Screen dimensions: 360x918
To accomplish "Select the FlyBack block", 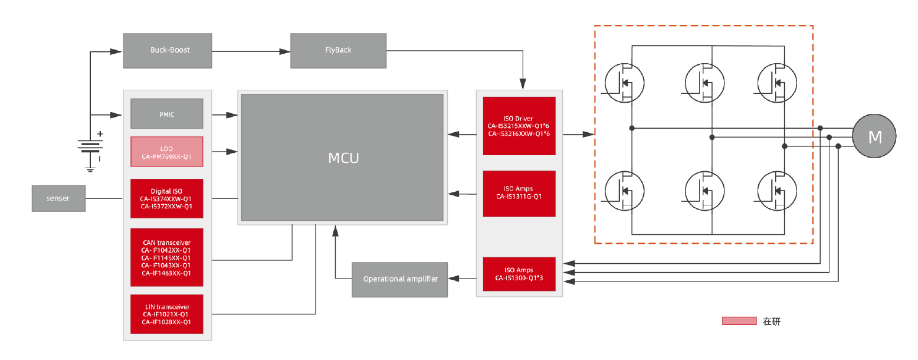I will coord(338,50).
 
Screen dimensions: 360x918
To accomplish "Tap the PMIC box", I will coord(166,114).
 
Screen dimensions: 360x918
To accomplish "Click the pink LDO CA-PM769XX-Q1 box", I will coord(166,152).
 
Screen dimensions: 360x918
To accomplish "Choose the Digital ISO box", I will coord(166,199).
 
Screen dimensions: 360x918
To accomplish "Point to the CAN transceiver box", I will coord(166,257).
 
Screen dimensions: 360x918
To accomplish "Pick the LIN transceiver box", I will coord(166,314).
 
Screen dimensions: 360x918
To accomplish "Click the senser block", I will coord(58,198).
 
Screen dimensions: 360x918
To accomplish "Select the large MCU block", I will coord(342,158).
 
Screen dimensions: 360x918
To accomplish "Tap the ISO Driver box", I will coord(519,126).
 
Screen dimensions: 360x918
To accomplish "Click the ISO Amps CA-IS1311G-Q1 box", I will coord(519,193).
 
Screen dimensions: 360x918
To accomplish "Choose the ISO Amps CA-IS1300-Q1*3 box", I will coord(519,274).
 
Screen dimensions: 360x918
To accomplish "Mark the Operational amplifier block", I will coord(400,279).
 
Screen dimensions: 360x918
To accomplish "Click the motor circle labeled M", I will coord(874,136).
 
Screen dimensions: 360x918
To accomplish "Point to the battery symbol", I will coord(90,146).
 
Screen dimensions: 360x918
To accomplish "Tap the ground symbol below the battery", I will coord(90,169).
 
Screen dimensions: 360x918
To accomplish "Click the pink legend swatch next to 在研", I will coord(739,321).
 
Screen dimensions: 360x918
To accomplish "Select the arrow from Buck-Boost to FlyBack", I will coord(251,51).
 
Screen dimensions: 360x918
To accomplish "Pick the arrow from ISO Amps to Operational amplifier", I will coord(462,278).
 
